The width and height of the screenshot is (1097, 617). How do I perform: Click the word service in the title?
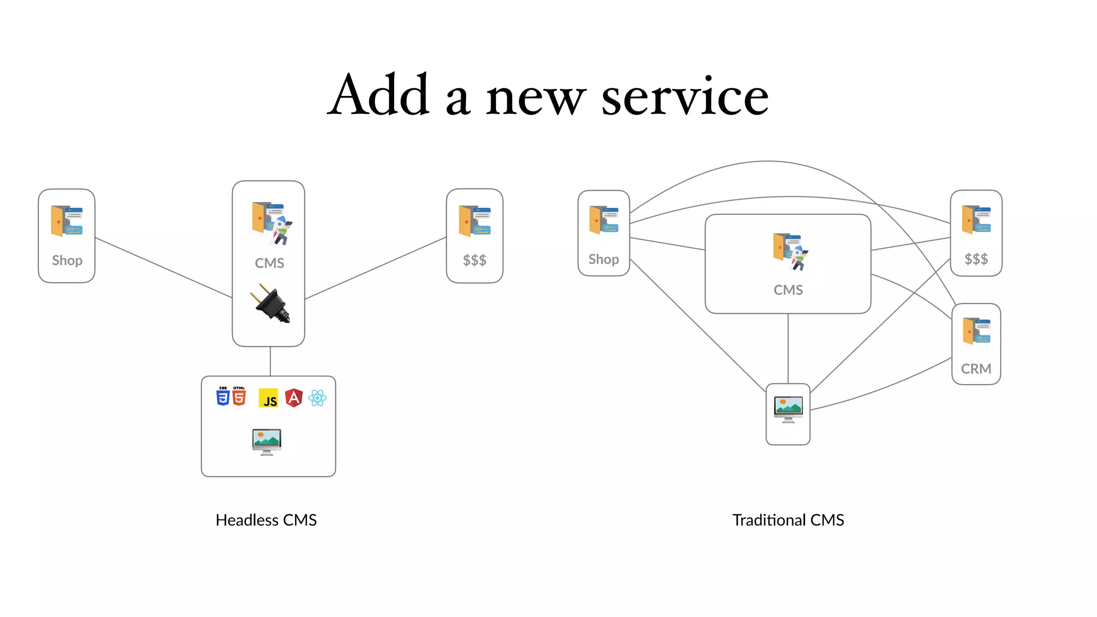[685, 96]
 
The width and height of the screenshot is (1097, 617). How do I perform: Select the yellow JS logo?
[268, 398]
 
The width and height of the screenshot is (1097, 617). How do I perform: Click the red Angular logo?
[294, 398]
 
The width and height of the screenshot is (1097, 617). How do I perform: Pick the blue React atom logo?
[318, 398]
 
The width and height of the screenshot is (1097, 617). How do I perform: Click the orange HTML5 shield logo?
[239, 397]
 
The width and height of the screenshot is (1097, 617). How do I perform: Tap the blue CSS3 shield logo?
[223, 397]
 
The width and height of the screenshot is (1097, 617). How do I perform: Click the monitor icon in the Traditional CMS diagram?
[788, 410]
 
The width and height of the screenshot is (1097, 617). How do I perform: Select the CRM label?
[976, 369]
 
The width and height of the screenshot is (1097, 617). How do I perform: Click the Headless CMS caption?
[266, 520]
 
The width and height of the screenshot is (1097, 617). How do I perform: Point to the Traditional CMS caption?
[788, 520]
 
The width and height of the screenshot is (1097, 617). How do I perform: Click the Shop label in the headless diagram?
[67, 261]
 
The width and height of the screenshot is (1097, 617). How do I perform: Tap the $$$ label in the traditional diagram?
[976, 260]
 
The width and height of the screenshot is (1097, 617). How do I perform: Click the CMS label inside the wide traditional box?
[788, 290]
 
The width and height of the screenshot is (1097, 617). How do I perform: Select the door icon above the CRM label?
[976, 331]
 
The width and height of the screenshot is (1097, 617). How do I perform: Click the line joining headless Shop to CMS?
[163, 268]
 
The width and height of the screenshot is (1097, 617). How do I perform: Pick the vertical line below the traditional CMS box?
[788, 348]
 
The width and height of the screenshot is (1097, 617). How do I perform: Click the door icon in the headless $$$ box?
[475, 221]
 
